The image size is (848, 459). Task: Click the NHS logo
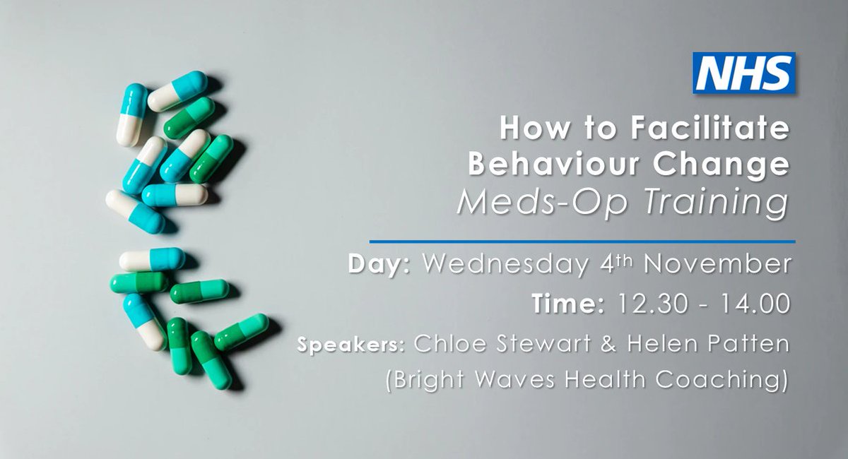pos(744,73)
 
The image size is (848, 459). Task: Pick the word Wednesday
pos(503,265)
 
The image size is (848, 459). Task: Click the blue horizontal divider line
pos(582,242)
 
